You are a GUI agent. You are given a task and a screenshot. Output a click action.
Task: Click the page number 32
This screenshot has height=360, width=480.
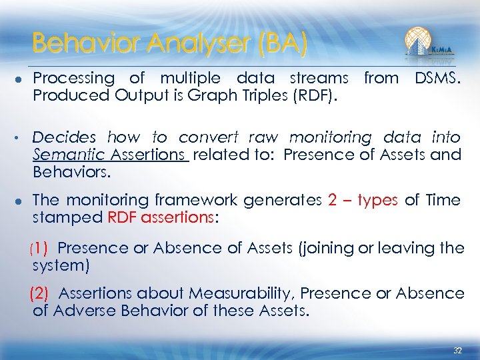point(457,350)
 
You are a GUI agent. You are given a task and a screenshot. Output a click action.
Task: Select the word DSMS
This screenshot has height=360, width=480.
point(437,78)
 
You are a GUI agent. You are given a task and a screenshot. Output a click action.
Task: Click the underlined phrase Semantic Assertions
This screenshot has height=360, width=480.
point(111,155)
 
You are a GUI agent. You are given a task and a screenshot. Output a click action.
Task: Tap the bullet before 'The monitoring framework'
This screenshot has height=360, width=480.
point(16,201)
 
